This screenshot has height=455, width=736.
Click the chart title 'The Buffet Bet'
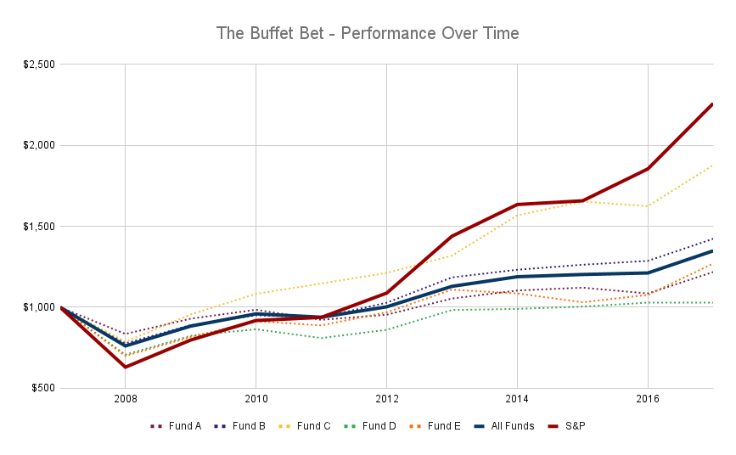(x=368, y=34)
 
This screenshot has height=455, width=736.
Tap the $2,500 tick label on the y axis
(x=37, y=65)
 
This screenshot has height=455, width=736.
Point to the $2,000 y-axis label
(x=37, y=145)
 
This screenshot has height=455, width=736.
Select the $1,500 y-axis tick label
(x=37, y=227)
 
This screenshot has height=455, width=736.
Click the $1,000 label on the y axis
(x=37, y=307)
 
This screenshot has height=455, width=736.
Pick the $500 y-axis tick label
(x=42, y=388)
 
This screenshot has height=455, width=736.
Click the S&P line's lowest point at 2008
(x=126, y=367)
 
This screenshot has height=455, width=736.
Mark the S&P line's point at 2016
(x=648, y=168)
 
